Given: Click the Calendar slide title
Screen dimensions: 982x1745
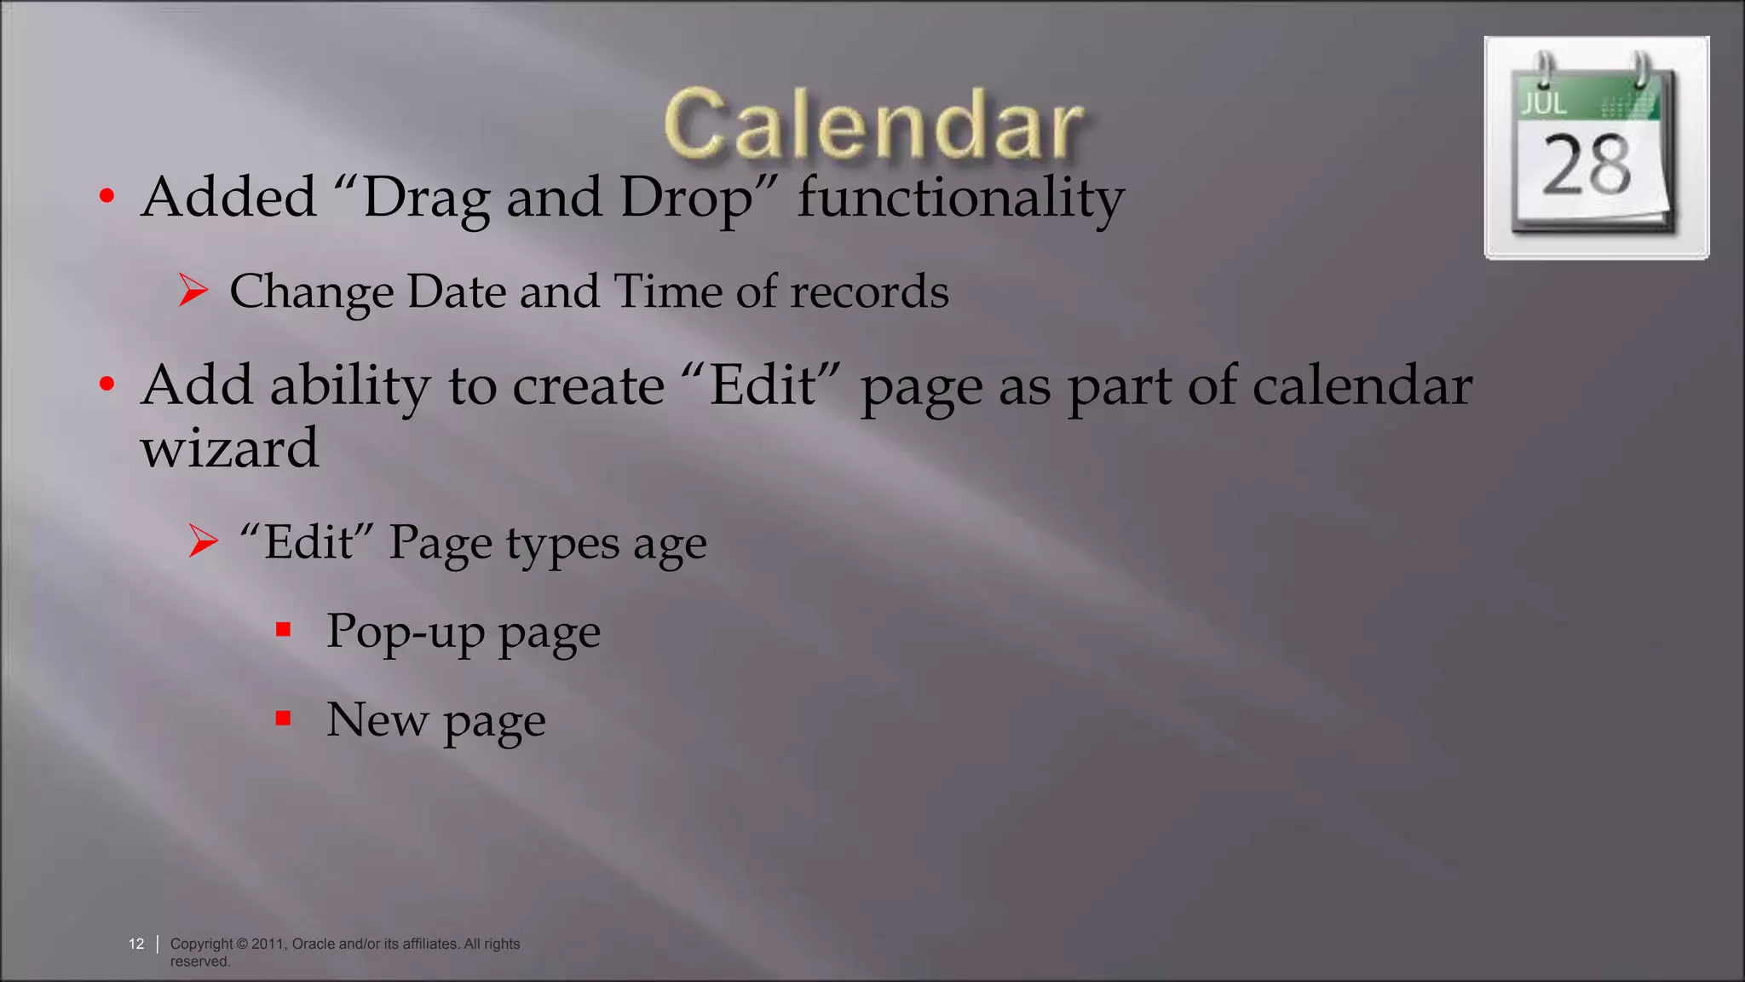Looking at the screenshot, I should point(873,124).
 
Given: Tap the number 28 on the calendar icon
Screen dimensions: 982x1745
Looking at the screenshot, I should point(1587,165).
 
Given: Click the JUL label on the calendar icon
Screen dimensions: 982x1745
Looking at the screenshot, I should point(1544,103).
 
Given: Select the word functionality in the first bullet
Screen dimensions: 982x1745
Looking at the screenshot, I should point(960,198).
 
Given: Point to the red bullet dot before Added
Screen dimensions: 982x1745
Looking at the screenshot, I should point(107,197).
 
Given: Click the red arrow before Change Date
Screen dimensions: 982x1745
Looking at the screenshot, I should point(193,291).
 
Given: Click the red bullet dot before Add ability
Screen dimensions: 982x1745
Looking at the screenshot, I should point(107,384).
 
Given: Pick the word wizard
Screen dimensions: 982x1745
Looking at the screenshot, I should point(229,448).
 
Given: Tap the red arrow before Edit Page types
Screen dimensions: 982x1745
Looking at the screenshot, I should point(203,541).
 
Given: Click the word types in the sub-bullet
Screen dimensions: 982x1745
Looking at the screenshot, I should point(562,544).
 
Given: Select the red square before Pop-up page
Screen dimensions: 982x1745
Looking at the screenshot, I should point(284,630).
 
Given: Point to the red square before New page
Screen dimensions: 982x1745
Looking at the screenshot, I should point(284,719).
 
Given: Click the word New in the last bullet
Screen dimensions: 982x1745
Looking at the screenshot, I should point(377,719).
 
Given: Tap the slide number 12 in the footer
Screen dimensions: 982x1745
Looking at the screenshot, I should point(136,944).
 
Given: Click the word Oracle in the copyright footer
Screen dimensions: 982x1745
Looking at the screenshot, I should point(314,944).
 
